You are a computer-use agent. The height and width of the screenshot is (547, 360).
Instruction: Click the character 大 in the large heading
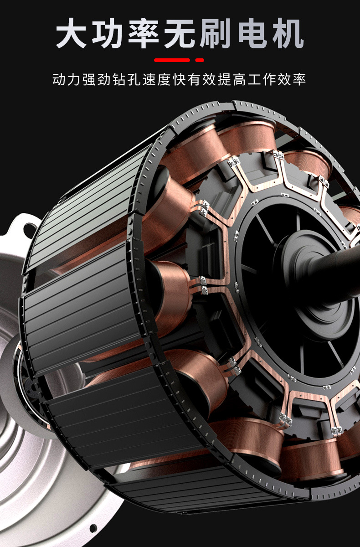(x=71, y=33)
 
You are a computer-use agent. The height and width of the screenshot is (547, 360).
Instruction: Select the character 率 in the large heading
(x=144, y=33)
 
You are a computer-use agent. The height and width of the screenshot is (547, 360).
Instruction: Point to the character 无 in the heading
(x=180, y=33)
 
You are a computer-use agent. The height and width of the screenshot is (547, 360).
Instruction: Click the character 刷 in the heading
(x=216, y=33)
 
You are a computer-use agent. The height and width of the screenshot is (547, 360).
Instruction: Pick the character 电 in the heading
(x=252, y=33)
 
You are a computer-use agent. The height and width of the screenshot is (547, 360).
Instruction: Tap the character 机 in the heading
(x=288, y=33)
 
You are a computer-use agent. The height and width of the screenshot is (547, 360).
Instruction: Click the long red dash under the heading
(x=172, y=60)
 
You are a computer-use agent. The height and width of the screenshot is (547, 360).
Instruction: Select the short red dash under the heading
(x=200, y=60)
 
